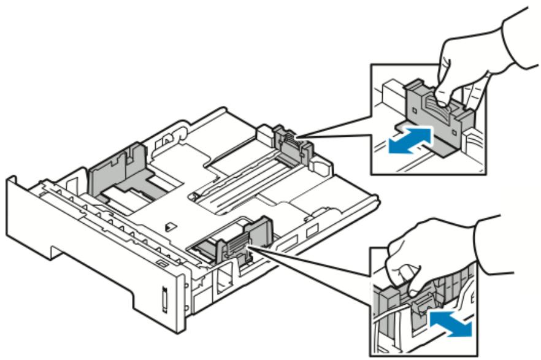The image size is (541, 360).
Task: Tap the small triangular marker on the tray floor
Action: [167, 226]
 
